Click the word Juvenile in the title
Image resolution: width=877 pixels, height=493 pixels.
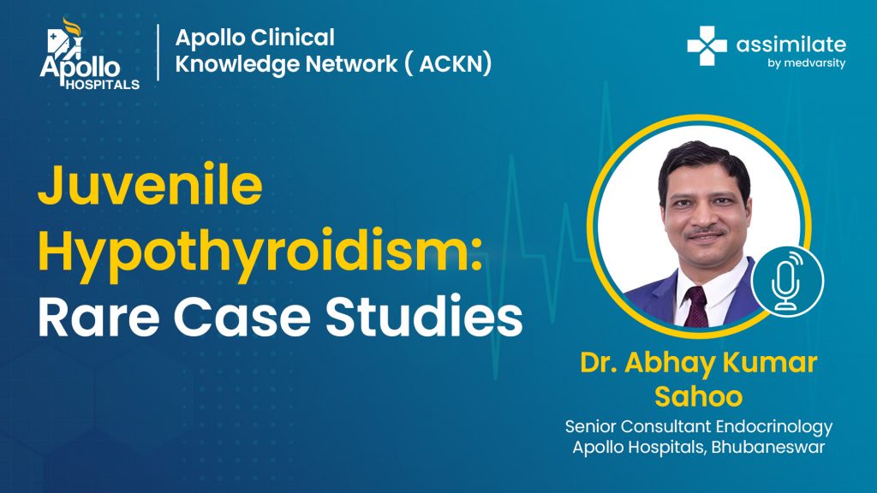click(150, 185)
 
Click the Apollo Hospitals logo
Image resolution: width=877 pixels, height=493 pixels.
click(89, 54)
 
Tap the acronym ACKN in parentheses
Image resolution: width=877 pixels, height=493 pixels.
click(450, 63)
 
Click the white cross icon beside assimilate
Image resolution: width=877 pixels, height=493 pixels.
click(707, 46)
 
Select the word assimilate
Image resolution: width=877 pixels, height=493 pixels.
click(790, 45)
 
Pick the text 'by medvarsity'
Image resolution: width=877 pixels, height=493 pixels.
click(807, 62)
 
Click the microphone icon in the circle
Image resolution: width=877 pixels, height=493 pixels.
click(787, 282)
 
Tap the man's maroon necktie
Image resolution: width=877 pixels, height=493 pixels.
click(696, 307)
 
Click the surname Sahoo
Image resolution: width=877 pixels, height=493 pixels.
click(699, 396)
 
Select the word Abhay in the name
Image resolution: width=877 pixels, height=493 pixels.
click(670, 363)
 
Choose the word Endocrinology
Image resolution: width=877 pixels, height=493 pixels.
click(774, 427)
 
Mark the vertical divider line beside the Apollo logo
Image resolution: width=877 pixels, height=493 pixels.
click(158, 52)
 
